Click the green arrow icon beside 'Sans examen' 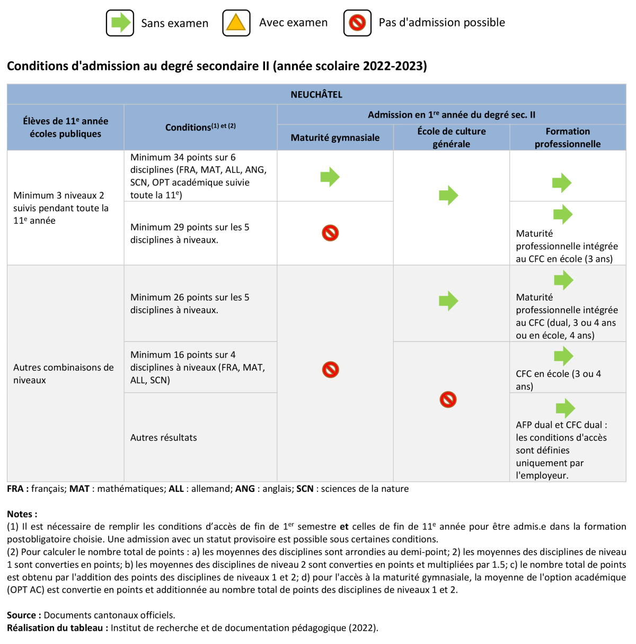[x=120, y=23]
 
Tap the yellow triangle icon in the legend [x=236, y=23]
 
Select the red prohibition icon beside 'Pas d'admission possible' [x=357, y=23]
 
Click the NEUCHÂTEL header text [x=316, y=94]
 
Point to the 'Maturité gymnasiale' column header [x=335, y=138]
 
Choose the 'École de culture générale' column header [x=451, y=138]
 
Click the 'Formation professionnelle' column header [x=567, y=138]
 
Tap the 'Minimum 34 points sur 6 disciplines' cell [x=198, y=176]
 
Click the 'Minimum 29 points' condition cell [x=190, y=233]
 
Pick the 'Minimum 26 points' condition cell [x=190, y=304]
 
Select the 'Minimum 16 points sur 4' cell [x=197, y=367]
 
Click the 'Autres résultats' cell [x=164, y=437]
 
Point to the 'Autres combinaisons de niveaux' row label [x=64, y=374]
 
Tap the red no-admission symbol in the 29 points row [x=330, y=233]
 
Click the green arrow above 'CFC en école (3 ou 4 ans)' [x=564, y=356]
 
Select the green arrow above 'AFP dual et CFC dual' [x=565, y=408]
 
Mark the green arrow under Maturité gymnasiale [x=330, y=177]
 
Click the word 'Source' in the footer [x=21, y=615]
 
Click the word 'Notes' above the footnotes [x=20, y=514]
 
